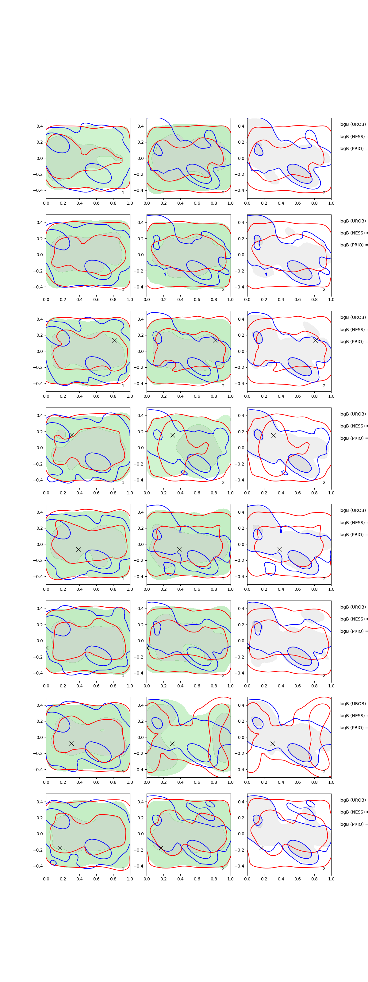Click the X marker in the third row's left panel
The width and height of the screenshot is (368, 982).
tap(114, 340)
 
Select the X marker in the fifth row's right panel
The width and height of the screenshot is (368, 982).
tap(280, 549)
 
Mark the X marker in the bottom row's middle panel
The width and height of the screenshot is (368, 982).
tap(161, 848)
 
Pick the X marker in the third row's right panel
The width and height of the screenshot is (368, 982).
tap(316, 340)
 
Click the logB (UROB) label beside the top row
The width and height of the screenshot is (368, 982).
tap(353, 124)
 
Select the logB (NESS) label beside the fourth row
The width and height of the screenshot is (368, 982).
tap(353, 426)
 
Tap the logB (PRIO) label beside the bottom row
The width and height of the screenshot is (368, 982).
tap(353, 824)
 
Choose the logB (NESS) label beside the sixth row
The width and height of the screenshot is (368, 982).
tap(353, 619)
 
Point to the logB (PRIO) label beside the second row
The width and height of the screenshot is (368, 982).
tap(353, 245)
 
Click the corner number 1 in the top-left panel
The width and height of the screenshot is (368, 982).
tap(123, 193)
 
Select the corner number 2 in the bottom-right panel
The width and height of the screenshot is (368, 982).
tap(324, 868)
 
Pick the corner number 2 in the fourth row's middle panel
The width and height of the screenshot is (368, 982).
tap(223, 482)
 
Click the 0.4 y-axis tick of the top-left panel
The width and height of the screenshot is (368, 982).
tap(39, 126)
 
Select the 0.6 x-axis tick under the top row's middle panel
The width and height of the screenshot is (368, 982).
tap(197, 203)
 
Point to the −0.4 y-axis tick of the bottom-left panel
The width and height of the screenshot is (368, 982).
tap(38, 866)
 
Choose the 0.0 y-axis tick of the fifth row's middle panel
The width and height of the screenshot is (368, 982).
tap(140, 544)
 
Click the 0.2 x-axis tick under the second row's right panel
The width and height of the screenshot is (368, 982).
tap(264, 300)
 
